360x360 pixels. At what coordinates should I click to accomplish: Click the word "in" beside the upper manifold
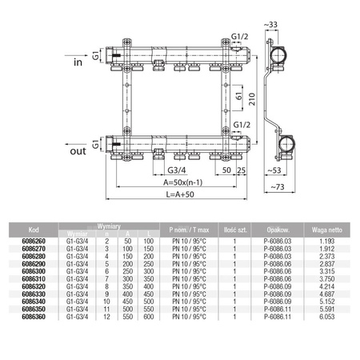click(78, 62)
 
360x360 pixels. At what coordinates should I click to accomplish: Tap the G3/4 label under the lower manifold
click(178, 170)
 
